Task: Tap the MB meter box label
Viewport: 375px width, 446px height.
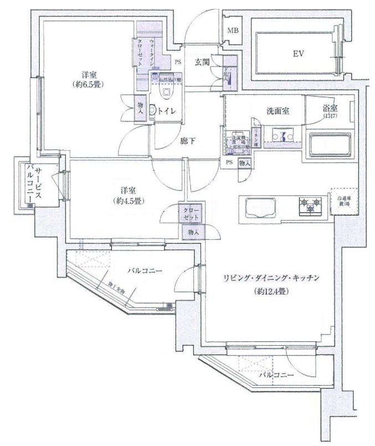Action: (x=232, y=38)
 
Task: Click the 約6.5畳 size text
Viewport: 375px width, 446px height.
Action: (x=88, y=85)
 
